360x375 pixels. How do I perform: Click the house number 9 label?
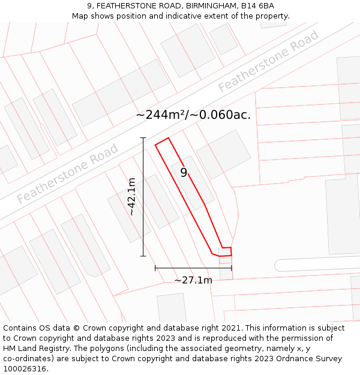pyautogui.click(x=184, y=173)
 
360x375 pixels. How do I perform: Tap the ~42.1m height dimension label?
pyautogui.click(x=131, y=197)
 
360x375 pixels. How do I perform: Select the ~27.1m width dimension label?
pyautogui.click(x=193, y=280)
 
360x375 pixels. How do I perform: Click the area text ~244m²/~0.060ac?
pyautogui.click(x=193, y=115)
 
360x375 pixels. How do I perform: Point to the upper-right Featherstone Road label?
pyautogui.click(x=268, y=62)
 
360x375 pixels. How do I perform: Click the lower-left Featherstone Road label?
pyautogui.click(x=68, y=173)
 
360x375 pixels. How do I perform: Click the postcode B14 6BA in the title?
pyautogui.click(x=259, y=6)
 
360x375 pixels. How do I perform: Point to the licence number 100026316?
pyautogui.click(x=25, y=368)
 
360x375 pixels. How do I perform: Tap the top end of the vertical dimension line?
pyautogui.click(x=143, y=138)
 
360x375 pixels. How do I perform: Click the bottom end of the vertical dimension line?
pyautogui.click(x=143, y=256)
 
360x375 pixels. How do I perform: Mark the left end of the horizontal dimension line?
pyautogui.click(x=155, y=268)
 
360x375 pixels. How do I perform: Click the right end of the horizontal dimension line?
pyautogui.click(x=231, y=268)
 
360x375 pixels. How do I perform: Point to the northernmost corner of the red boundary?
pyautogui.click(x=169, y=138)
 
